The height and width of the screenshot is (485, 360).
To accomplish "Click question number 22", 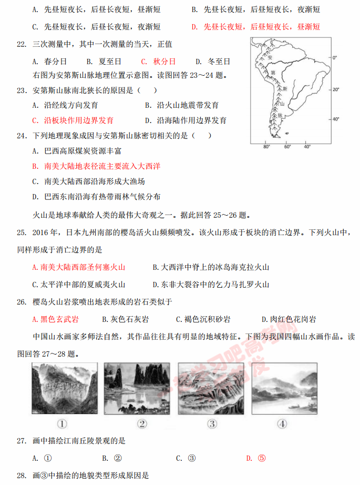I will pyautogui.click(x=22, y=45).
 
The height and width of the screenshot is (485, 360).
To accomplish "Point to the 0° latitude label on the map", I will pyautogui.click(x=334, y=57).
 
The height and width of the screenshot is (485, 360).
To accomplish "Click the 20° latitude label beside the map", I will pyautogui.click(x=336, y=90).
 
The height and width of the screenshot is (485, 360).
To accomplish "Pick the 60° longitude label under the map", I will pyautogui.click(x=287, y=147).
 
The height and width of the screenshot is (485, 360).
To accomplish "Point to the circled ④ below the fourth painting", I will pyautogui.click(x=282, y=424).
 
